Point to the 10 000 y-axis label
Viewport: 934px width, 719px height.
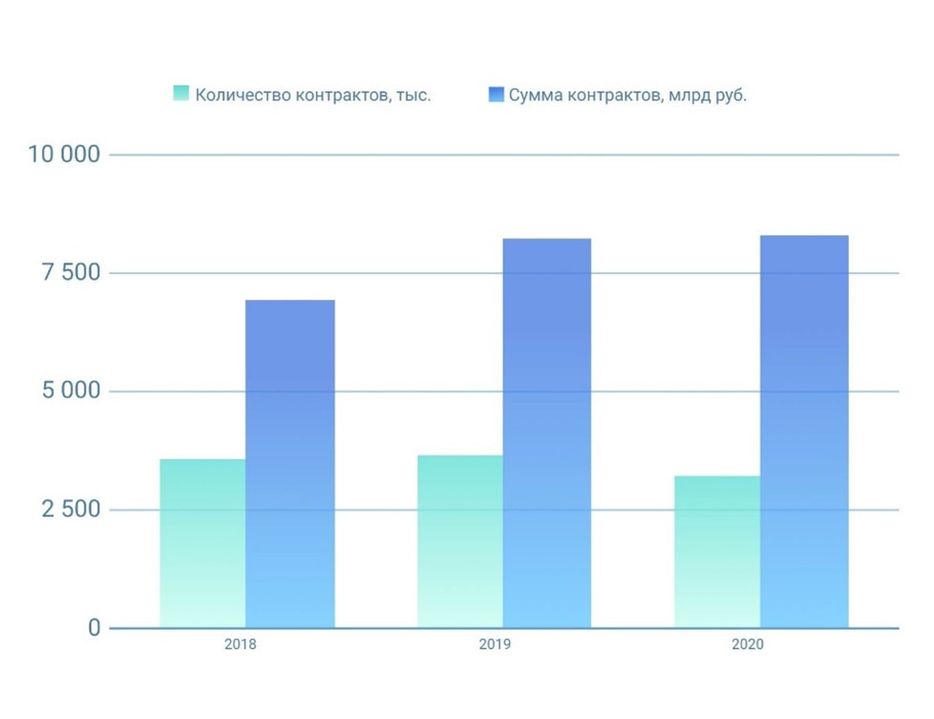pos(65,155)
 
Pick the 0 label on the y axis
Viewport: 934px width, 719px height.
pos(94,628)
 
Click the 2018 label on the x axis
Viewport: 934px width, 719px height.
pos(240,645)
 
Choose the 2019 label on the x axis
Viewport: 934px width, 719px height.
pos(495,645)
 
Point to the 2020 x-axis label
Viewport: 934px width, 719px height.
pos(748,645)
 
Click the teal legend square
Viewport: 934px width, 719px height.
pos(181,94)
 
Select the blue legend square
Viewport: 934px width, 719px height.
pos(496,94)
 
